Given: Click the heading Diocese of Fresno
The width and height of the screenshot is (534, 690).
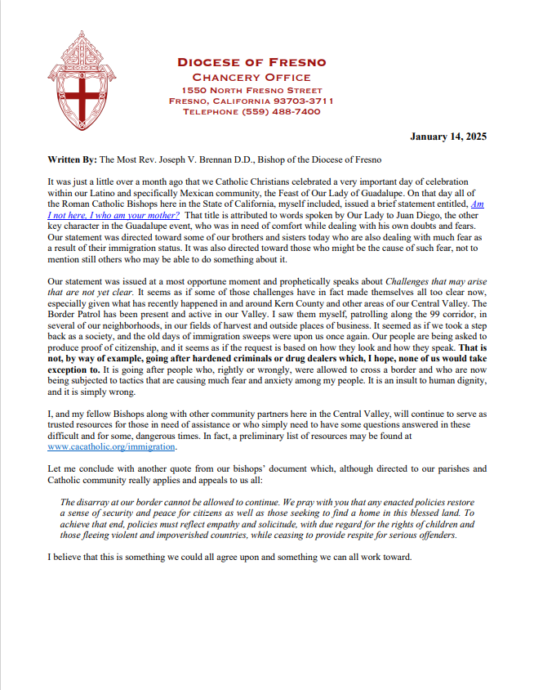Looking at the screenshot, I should click(x=251, y=62).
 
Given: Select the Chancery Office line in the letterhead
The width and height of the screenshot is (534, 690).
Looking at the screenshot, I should click(x=251, y=77).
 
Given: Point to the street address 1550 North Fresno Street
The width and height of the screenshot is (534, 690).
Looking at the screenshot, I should click(x=251, y=90).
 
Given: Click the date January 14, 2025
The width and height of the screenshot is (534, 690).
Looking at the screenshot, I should click(x=448, y=137).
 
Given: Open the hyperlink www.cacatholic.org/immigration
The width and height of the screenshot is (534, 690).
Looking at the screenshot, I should click(x=111, y=447).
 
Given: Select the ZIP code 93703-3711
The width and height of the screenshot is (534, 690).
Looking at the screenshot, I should click(x=304, y=101).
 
